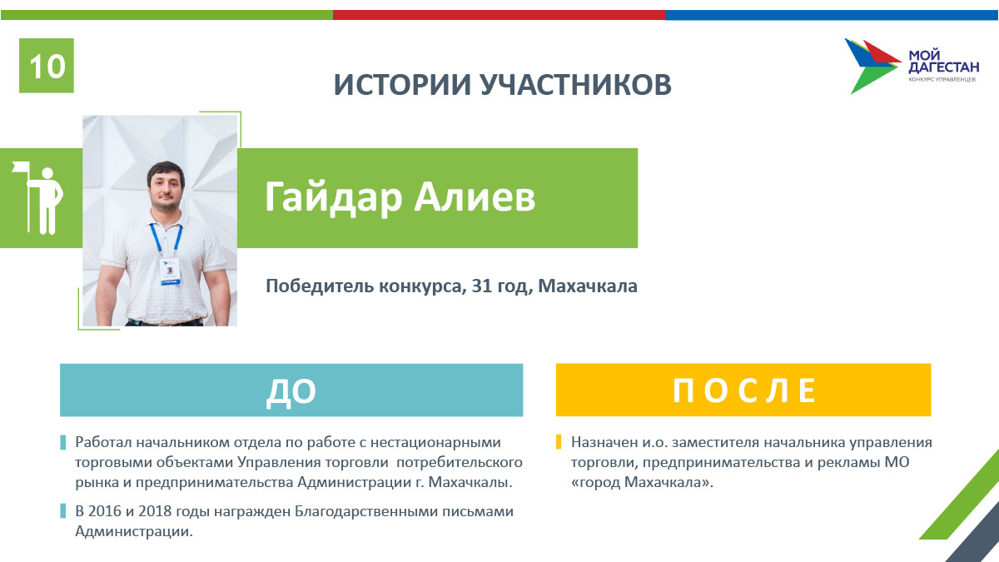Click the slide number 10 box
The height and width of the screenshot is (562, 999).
click(47, 66)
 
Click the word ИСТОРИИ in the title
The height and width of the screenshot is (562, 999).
click(402, 84)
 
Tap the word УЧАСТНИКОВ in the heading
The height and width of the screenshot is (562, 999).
click(576, 84)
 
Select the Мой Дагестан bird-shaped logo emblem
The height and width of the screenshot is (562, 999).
click(872, 66)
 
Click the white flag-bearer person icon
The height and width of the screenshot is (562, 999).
click(39, 197)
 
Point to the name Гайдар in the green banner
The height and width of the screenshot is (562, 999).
click(333, 197)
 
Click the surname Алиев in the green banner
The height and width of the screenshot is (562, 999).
click(475, 196)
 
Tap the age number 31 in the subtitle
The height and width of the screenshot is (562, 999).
click(482, 286)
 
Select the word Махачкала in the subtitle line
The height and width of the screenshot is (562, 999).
click(588, 286)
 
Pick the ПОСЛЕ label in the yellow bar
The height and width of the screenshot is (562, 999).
click(744, 390)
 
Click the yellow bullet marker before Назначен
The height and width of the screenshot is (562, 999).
click(559, 442)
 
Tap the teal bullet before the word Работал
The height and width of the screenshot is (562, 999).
click(63, 442)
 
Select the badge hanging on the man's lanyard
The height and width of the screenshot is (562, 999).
click(170, 271)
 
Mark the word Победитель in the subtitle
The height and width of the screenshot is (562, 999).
click(320, 286)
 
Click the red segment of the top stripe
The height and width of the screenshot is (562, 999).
click(499, 15)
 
